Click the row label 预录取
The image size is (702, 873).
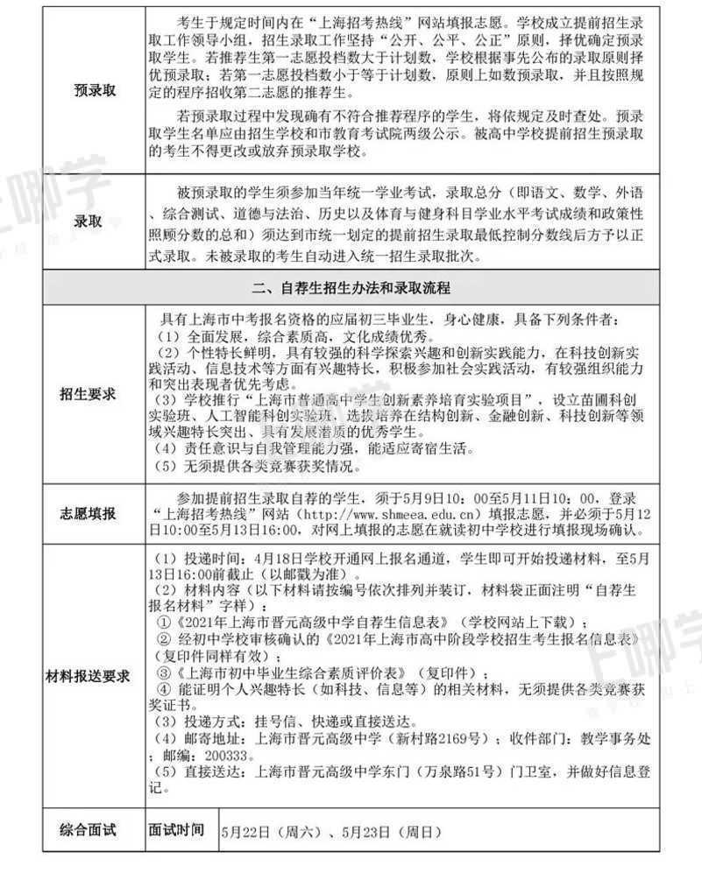tap(94, 90)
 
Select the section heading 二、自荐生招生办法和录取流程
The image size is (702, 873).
tap(351, 287)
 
